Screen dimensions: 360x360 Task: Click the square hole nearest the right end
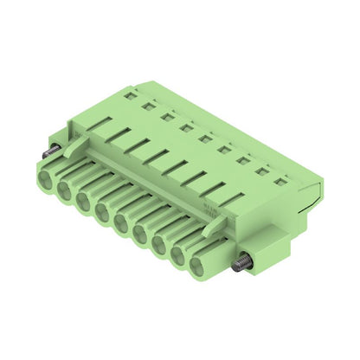click(x=279, y=181)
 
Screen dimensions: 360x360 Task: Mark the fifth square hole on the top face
click(x=204, y=138)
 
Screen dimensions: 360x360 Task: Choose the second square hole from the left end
click(x=146, y=106)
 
